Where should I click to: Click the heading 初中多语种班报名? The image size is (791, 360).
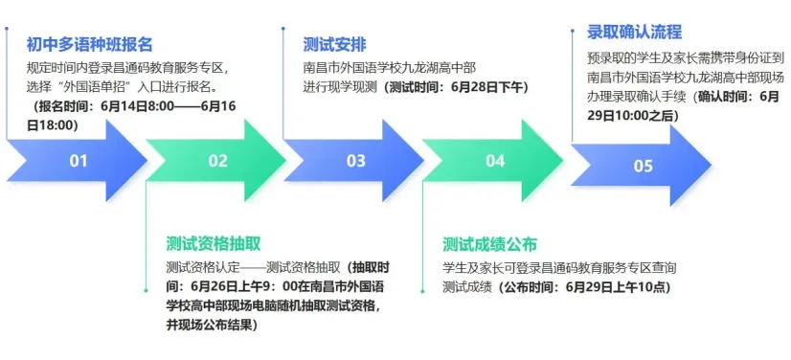(89, 45)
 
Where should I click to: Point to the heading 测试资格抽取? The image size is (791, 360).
(214, 243)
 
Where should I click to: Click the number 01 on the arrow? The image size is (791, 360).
(79, 161)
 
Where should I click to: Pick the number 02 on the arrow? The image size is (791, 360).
(218, 161)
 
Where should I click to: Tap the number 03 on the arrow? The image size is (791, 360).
(356, 161)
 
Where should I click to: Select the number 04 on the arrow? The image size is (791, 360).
(495, 161)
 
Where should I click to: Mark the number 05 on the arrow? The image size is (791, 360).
(643, 166)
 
